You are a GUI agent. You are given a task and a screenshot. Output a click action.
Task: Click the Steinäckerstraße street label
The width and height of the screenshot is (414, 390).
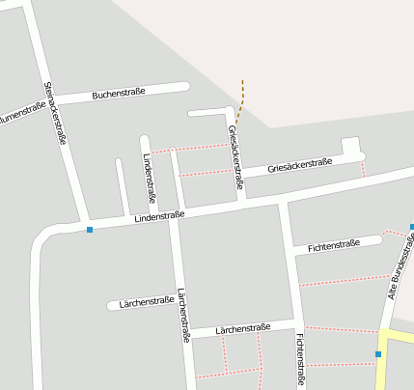coord(55,113)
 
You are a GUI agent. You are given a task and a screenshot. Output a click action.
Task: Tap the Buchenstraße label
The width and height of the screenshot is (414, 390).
coord(119,93)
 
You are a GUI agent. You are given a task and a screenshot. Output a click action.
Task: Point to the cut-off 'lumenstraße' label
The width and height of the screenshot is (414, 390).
coord(18,115)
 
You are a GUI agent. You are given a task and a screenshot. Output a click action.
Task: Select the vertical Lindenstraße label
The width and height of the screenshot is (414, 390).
coord(150,181)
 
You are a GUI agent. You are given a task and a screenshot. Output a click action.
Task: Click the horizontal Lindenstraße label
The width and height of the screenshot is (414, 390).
coord(159,218)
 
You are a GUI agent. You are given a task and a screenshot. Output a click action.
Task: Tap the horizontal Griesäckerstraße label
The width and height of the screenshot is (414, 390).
coord(299,165)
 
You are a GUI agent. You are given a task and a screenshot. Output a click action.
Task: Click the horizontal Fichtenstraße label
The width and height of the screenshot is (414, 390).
coord(333,246)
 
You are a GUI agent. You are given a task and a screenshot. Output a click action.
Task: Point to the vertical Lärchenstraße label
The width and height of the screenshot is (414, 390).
coord(183,316)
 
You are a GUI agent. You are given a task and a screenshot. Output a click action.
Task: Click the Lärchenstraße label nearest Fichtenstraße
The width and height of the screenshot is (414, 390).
coord(243,329)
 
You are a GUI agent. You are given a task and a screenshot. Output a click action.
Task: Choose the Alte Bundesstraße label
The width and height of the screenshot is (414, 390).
coord(400,265)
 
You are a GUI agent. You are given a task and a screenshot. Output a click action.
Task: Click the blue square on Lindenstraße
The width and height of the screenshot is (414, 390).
coord(90,230)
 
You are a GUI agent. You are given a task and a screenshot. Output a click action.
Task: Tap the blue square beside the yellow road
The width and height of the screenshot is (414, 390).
coord(378,354)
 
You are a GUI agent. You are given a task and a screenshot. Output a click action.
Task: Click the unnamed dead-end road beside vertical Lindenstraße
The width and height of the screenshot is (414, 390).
coord(122,186)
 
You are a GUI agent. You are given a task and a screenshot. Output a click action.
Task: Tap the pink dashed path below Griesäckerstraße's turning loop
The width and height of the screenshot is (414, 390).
coord(363,169)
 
